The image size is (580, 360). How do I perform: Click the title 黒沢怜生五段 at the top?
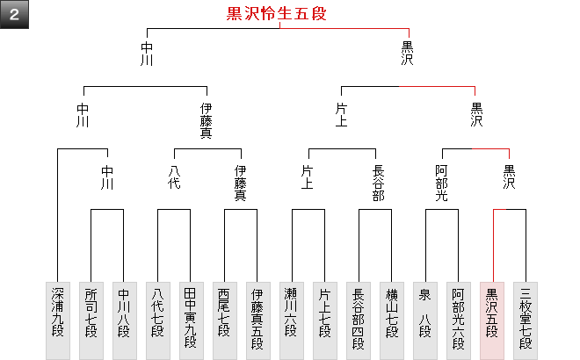279,14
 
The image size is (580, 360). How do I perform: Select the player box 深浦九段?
57,320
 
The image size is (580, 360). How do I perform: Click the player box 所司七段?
91,320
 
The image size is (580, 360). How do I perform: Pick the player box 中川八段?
124,320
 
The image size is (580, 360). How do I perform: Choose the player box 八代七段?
157,320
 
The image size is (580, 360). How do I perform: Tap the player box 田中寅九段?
191,320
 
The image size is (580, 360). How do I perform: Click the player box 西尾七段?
224,320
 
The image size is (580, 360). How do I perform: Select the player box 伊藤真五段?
257,320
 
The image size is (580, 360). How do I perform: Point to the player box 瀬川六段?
291,320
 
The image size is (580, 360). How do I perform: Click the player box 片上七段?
324,320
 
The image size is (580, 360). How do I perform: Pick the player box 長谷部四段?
359,320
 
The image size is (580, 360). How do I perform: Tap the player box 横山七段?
392,320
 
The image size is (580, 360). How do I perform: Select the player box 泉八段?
425,320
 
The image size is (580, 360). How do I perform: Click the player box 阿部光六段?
459,320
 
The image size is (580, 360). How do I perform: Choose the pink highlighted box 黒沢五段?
492,320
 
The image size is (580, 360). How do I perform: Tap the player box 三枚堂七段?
526,320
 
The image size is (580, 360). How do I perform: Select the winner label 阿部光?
442,184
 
